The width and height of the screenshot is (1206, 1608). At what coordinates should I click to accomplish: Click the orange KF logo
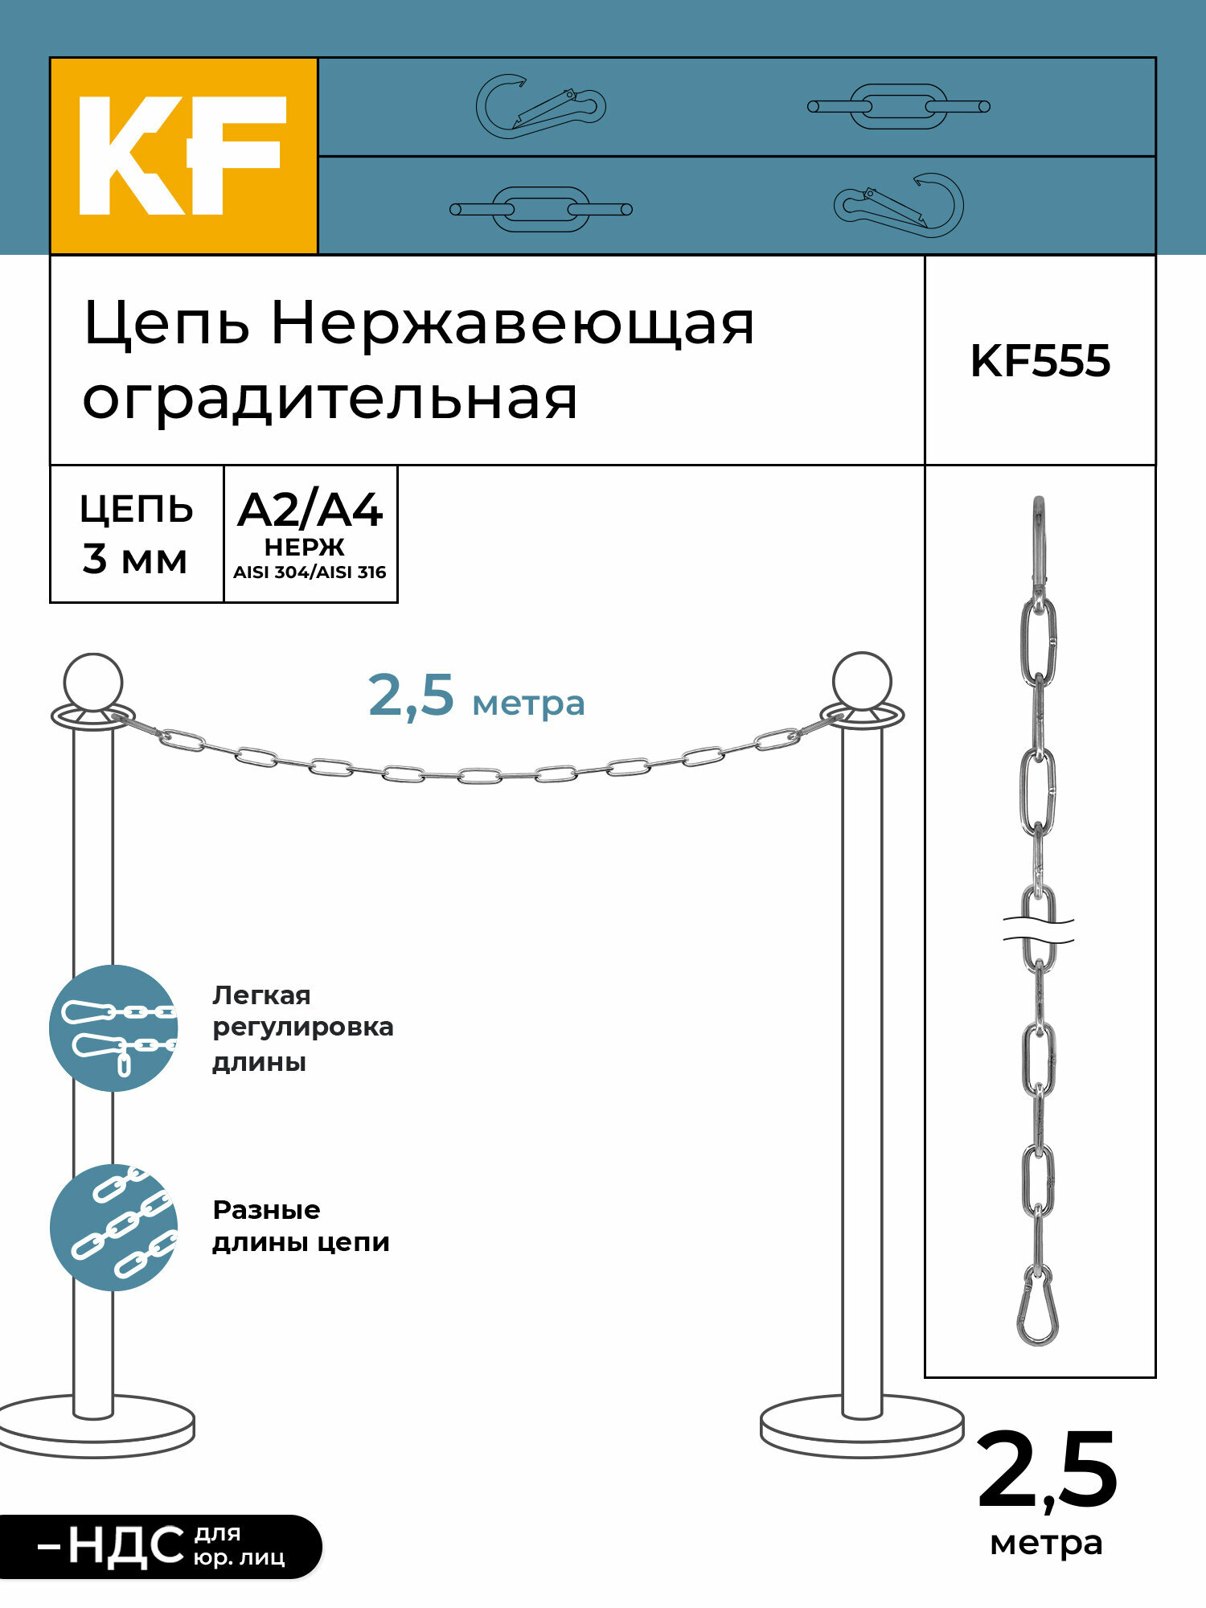183,156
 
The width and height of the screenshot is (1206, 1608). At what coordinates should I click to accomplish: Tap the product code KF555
1040,361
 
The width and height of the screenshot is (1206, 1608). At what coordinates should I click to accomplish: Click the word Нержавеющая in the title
512,323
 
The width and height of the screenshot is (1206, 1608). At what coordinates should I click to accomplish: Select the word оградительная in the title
330,400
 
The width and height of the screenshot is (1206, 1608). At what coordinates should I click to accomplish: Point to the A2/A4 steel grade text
310,510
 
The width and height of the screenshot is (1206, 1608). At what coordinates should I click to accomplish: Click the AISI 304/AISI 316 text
310,572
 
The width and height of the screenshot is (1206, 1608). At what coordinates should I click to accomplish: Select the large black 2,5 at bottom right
1047,1473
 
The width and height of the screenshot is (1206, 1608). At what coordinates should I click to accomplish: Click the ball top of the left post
93,682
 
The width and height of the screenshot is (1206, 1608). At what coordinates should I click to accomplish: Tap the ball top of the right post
862,681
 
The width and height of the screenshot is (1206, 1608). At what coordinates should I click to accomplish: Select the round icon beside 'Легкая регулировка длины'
113,1028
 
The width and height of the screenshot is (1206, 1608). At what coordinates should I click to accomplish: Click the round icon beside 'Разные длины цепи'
113,1227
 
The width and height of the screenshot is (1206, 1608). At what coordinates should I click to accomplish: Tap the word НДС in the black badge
126,1546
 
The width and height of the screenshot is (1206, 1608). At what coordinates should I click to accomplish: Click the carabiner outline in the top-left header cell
539,106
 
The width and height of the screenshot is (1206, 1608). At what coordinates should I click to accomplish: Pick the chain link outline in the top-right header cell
898,106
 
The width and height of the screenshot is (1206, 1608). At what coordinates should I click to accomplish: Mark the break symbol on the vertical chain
1038,929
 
